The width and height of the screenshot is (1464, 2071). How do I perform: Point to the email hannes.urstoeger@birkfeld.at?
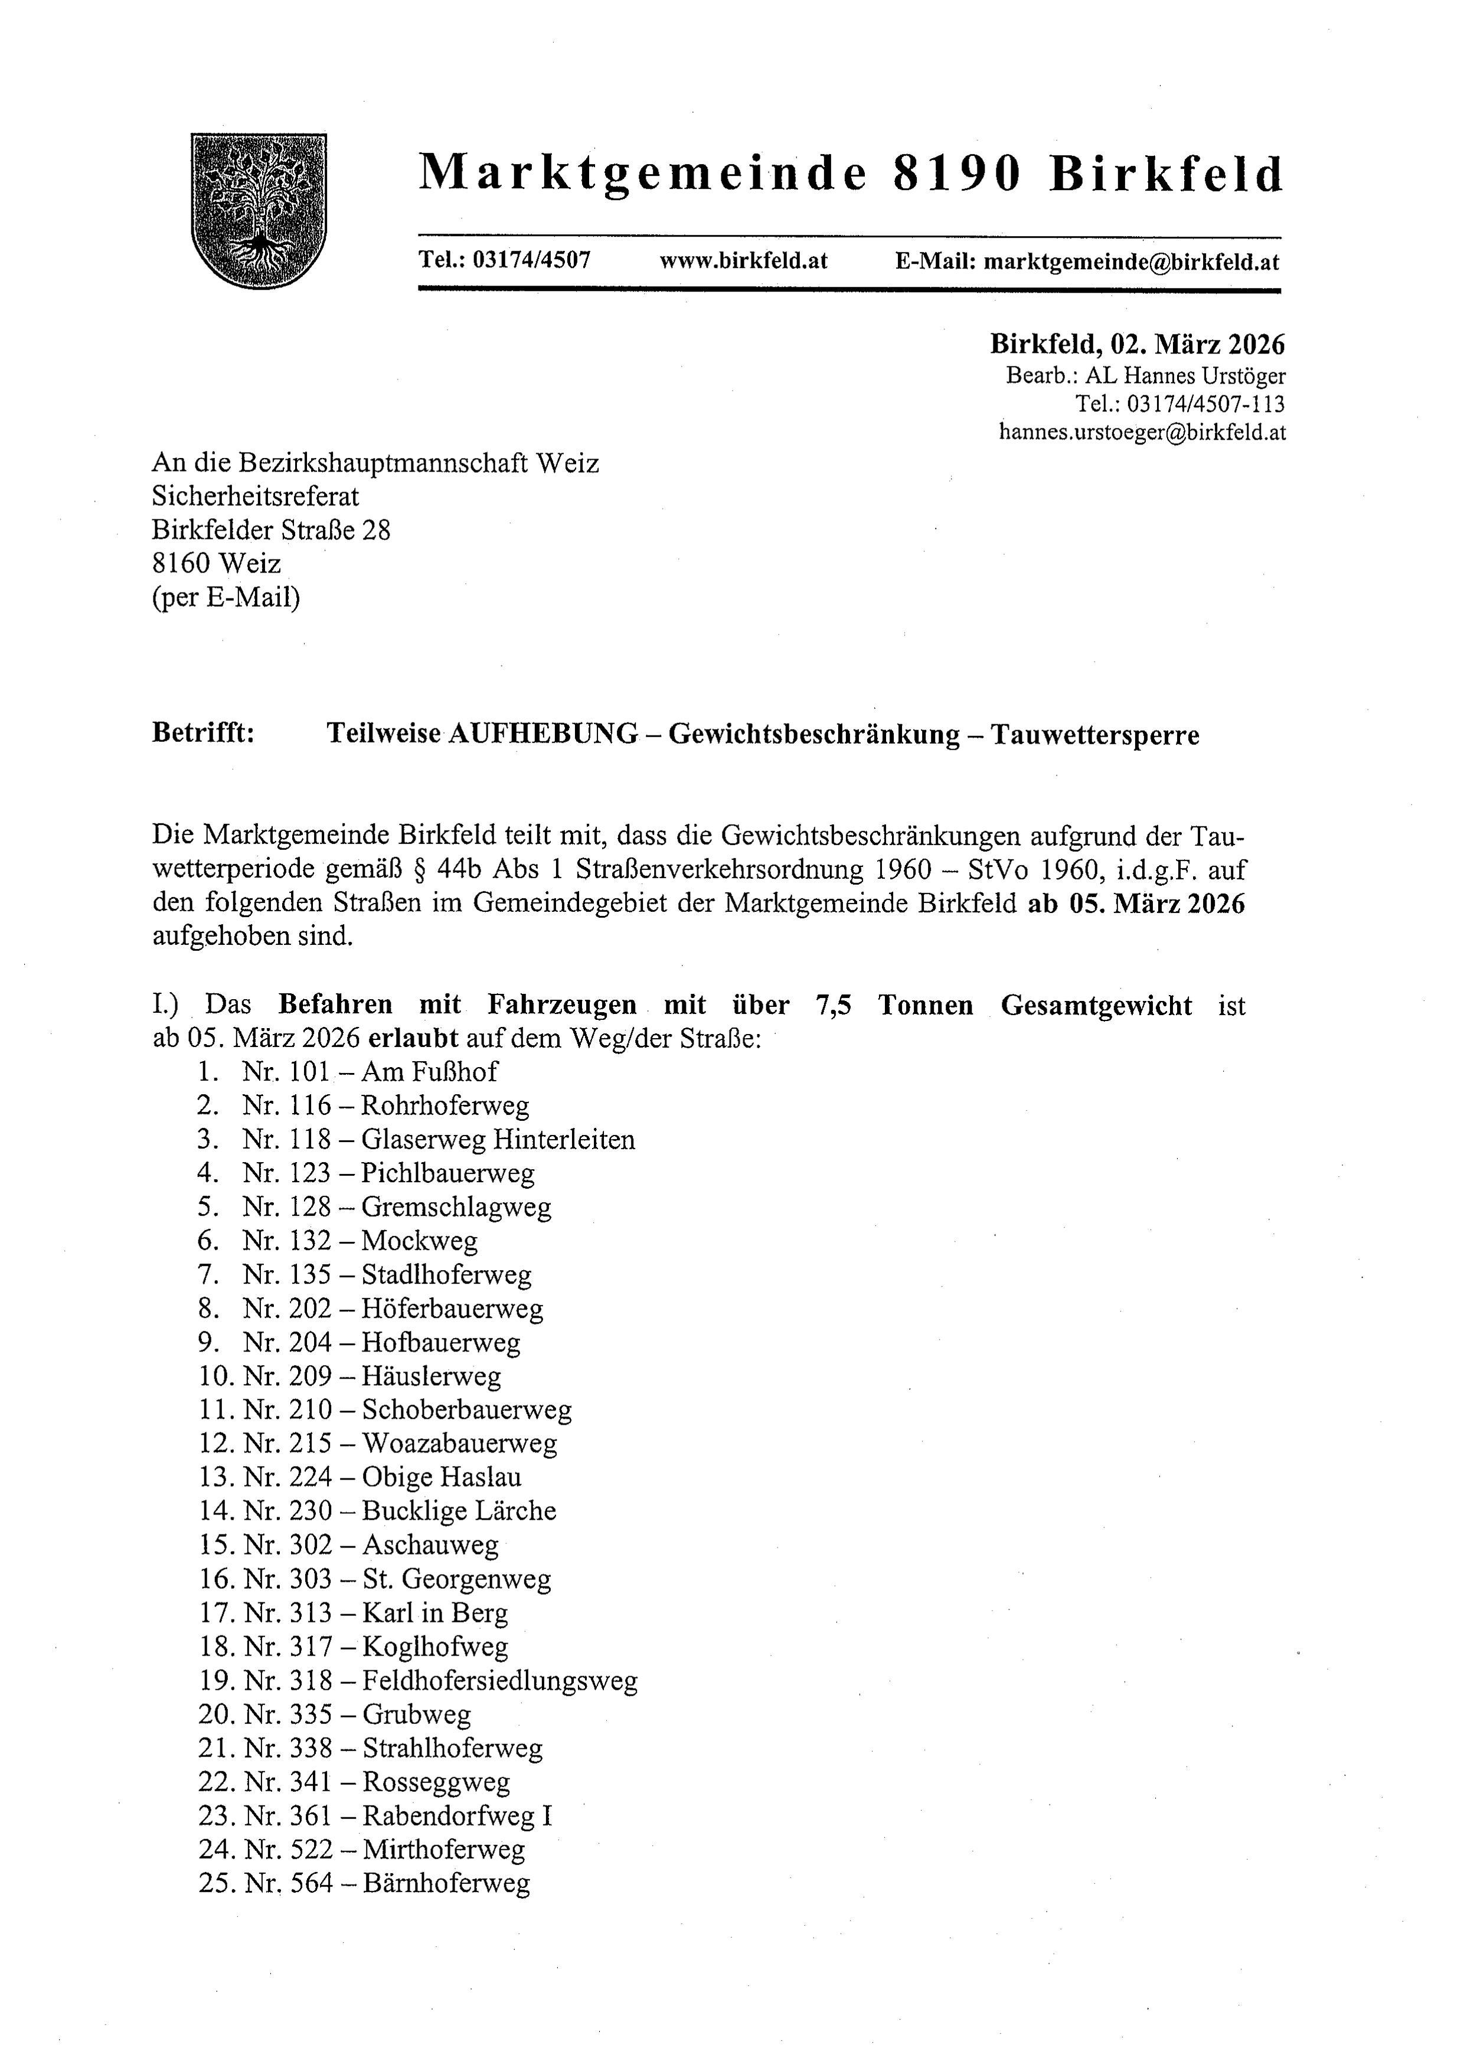[1142, 432]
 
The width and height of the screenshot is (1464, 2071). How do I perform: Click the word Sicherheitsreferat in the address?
[255, 496]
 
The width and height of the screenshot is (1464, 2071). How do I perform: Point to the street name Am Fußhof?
[429, 1072]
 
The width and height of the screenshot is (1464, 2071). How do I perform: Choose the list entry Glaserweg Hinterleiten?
[498, 1139]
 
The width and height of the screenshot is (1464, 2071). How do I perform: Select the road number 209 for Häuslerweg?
[311, 1376]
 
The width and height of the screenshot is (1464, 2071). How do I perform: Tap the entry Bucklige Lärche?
[459, 1511]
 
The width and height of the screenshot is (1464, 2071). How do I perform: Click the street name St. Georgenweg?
[456, 1579]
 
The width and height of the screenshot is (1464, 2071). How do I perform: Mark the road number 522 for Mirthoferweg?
[311, 1850]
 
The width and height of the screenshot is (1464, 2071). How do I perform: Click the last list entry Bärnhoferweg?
[446, 1883]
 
